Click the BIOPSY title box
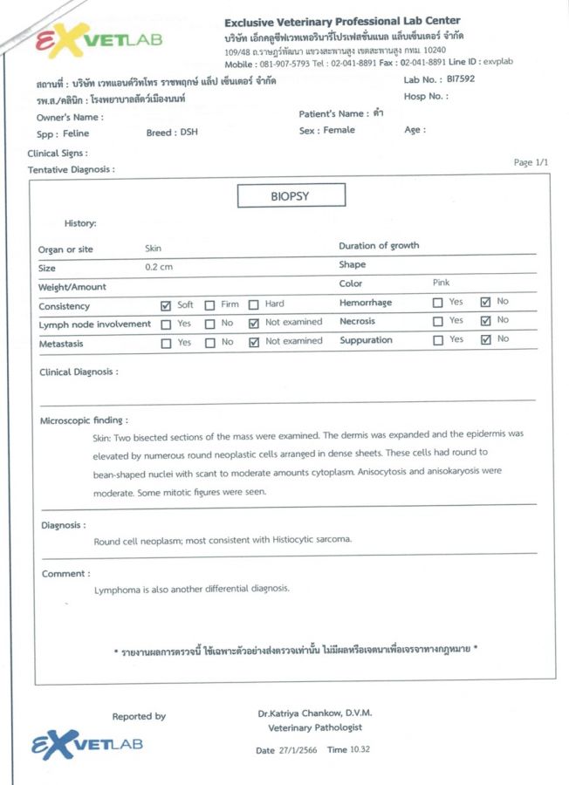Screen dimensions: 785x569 coord(290,196)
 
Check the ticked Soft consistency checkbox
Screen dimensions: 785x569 coord(166,305)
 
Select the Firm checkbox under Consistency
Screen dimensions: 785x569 coord(209,305)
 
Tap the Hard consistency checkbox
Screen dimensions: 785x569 coord(253,305)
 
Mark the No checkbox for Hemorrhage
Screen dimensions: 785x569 coord(486,303)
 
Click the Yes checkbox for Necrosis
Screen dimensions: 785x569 coord(437,322)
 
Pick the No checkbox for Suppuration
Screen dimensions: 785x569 coord(486,340)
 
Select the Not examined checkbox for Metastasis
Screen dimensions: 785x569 coord(253,343)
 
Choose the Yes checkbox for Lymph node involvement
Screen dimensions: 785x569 coord(166,324)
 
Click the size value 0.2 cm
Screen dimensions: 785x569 coord(159,267)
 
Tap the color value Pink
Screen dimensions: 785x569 coord(442,283)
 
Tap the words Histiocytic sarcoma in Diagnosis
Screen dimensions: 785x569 coord(302,540)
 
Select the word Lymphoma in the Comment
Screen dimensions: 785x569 coord(114,589)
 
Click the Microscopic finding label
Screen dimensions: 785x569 coord(85,420)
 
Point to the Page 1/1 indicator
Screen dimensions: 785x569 coord(531,162)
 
